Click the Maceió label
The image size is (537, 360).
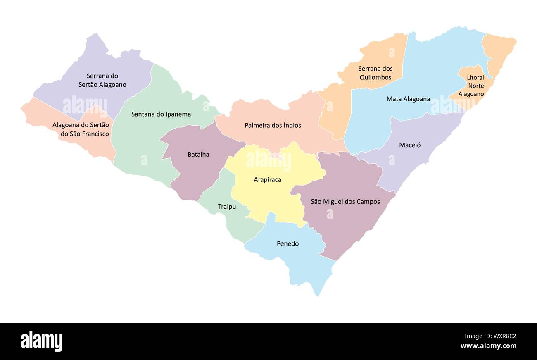click(410, 145)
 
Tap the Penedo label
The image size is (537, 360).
click(288, 243)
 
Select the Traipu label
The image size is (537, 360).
click(227, 206)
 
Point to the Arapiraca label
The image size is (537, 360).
click(267, 179)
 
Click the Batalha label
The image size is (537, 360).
click(198, 154)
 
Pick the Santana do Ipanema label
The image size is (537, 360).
click(161, 114)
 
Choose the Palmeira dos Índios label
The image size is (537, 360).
click(273, 125)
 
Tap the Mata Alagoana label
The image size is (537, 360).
click(408, 99)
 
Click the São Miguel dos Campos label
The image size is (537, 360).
click(345, 201)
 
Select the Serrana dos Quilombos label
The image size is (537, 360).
click(375, 73)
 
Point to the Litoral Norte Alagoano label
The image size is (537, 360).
click(475, 86)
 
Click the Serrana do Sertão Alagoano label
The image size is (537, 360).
click(102, 80)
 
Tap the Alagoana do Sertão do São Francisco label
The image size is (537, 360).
click(81, 129)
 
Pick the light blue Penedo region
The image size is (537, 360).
click(306, 265)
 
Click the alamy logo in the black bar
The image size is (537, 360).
click(41, 341)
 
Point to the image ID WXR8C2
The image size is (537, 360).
click(490, 336)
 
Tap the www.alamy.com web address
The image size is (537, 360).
click(488, 346)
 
